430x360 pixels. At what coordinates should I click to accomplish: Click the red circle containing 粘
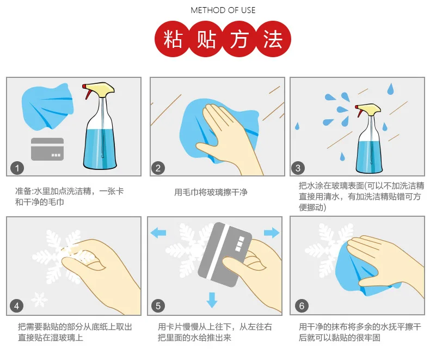point(173,39)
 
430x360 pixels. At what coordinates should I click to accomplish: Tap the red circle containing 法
point(273,39)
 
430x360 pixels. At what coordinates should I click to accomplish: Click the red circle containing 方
point(239,39)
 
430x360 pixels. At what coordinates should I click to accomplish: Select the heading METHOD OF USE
point(223,10)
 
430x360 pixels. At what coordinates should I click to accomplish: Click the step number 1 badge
point(17,168)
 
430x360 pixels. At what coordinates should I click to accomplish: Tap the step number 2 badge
point(158,168)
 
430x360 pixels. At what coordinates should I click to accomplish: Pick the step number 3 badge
point(298,168)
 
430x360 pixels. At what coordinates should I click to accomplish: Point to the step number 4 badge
point(16,306)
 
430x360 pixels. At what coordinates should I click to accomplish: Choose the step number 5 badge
point(158,306)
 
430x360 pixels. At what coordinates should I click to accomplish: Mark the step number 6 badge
point(302,306)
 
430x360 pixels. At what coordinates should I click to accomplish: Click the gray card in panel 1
point(47,149)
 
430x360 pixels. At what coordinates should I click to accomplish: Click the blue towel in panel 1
point(47,107)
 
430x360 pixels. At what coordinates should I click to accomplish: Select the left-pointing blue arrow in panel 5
point(158,233)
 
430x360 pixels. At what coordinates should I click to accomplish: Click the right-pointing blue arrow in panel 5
point(272,233)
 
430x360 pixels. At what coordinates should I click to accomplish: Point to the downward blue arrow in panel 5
point(212,300)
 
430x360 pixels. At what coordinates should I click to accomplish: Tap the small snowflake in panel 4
point(39,300)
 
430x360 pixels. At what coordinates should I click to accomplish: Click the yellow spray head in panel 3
point(369,110)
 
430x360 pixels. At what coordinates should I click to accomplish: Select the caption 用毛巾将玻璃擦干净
point(211,192)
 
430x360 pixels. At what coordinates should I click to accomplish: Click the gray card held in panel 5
point(224,255)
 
